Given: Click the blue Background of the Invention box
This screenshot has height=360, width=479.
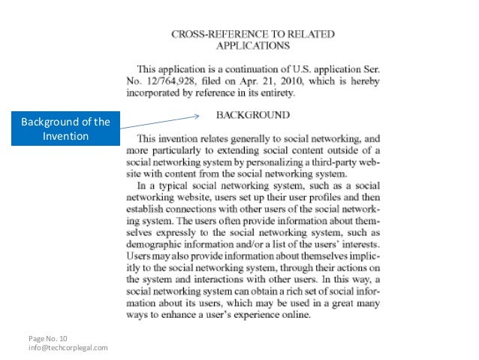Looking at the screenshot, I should point(65,129).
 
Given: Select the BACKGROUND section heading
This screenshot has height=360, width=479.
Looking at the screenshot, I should point(253,116).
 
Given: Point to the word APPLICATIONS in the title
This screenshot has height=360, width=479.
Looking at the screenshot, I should point(253,45).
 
